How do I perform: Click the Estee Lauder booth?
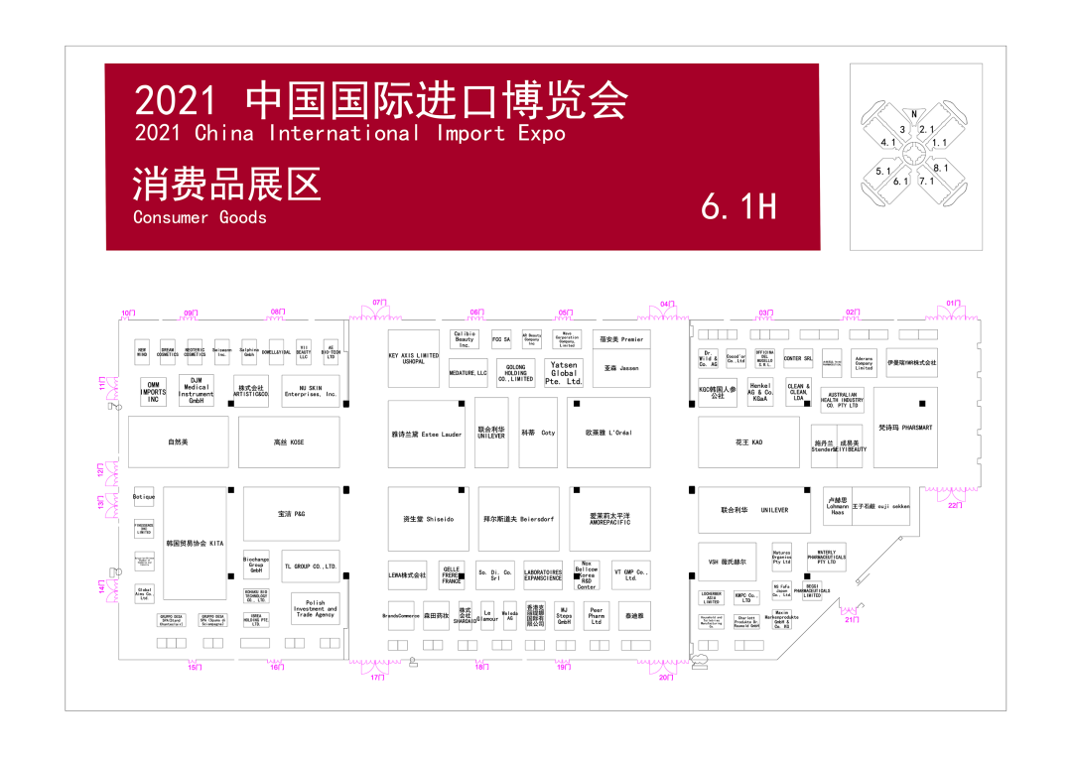click(427, 434)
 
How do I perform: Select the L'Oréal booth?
click(608, 434)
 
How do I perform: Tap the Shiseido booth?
click(428, 519)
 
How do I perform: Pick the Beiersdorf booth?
click(517, 519)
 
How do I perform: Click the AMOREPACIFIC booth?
click(609, 519)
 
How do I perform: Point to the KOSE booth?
click(289, 442)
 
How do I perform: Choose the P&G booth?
click(291, 513)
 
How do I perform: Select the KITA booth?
click(195, 544)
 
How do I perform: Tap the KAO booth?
click(748, 442)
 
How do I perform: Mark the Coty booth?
click(538, 434)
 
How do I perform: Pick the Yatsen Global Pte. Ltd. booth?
click(564, 373)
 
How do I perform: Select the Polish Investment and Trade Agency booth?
click(315, 608)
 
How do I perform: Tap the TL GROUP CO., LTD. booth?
click(310, 567)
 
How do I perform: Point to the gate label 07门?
click(378, 303)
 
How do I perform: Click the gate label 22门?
click(954, 505)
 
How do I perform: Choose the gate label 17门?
click(377, 678)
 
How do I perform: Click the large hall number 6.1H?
click(737, 205)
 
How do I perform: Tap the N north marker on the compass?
click(913, 114)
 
